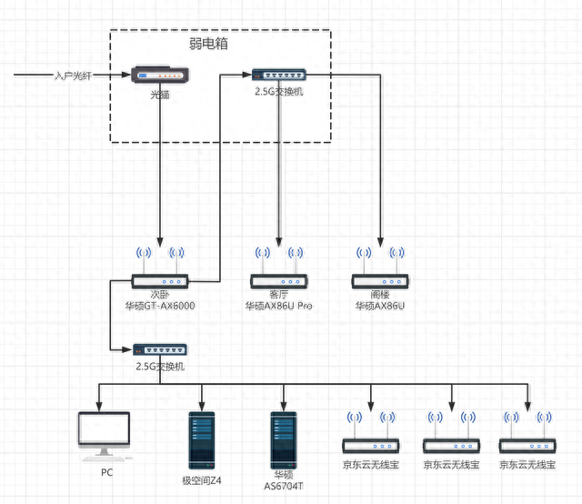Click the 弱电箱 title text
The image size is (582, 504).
pos(208,44)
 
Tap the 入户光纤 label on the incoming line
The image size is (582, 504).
pos(73,76)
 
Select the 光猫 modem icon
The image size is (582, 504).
pos(160,75)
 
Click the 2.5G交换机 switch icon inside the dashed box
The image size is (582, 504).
pos(279,75)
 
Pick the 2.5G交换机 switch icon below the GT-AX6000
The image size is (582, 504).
pos(160,350)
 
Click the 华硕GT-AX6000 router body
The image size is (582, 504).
pos(160,281)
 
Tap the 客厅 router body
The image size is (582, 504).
pos(279,281)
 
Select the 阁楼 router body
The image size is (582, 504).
pos(380,281)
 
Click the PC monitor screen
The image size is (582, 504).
pos(104,428)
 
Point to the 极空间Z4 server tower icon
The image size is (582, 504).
pos(202,440)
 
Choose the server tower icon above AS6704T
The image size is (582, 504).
pos(283,440)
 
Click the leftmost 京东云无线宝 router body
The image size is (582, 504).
pos(371,446)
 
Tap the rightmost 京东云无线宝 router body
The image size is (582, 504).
pos(527,446)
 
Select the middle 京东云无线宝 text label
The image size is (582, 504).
pos(451,465)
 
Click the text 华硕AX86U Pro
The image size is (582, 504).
pos(279,306)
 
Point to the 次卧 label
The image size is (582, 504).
pos(160,295)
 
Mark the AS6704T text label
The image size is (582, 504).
pos(283,486)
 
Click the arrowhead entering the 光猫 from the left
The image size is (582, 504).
pos(126,75)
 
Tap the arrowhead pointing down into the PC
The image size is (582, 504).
pos(99,407)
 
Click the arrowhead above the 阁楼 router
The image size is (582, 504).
pos(380,243)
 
